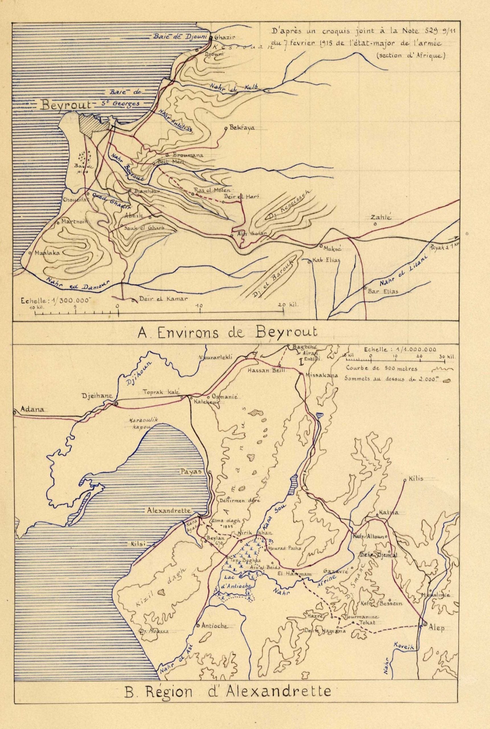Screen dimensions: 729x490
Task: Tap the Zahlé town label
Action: tap(381, 218)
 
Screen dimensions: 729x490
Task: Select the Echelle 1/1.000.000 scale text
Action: tap(400, 350)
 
